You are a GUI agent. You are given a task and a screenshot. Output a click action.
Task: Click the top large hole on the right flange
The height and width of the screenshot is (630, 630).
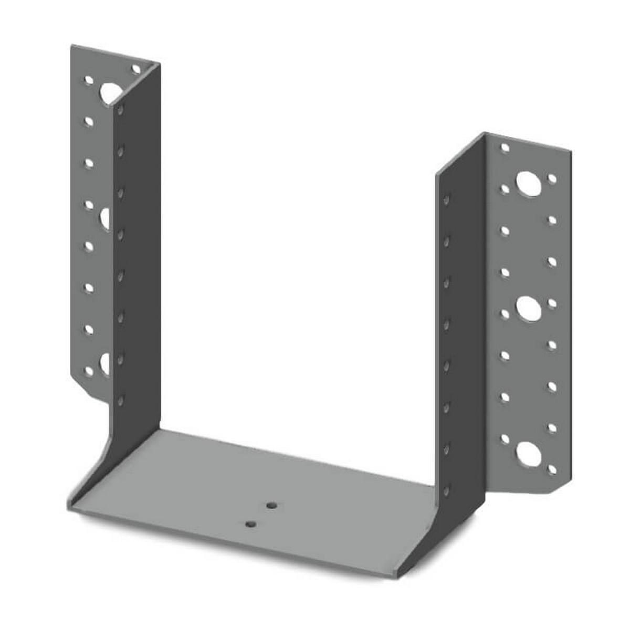tap(528, 183)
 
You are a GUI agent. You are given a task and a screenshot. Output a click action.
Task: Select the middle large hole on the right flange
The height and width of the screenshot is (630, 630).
tap(528, 309)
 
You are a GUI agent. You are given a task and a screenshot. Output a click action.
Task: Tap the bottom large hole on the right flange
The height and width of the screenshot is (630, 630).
tap(528, 453)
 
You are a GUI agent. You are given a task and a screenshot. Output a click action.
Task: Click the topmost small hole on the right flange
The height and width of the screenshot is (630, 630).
tap(505, 148)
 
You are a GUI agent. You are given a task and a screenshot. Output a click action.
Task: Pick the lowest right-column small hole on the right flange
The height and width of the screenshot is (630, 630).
tap(552, 470)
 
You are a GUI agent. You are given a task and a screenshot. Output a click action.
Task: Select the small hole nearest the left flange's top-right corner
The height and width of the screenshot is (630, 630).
tap(136, 69)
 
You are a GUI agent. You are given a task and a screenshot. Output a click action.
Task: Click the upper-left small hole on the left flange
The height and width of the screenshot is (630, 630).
tap(89, 81)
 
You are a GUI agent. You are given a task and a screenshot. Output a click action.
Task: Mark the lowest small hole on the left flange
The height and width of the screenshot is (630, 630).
tap(89, 371)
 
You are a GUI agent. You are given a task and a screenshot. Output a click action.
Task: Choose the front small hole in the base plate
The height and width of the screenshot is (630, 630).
tap(251, 524)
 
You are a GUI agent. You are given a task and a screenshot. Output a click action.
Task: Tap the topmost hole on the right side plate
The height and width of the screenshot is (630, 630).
tap(446, 200)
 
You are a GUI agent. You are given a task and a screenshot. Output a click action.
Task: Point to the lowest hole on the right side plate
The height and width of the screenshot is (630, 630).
tap(446, 491)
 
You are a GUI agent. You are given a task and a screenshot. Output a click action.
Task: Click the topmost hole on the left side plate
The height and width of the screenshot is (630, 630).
tap(120, 111)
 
